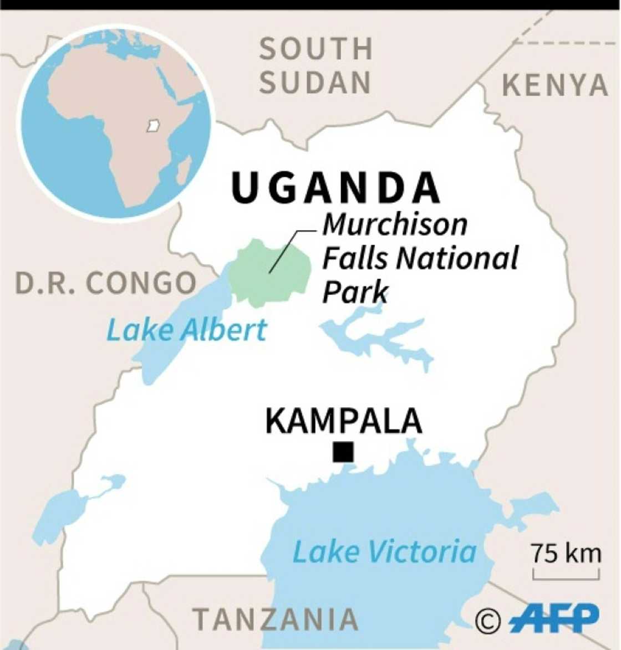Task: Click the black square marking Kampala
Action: [343, 452]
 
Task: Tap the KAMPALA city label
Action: [343, 421]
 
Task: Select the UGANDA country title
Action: [335, 189]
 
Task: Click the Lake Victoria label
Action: [384, 552]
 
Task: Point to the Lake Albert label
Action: [186, 330]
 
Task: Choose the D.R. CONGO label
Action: [105, 284]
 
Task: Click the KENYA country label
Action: [554, 86]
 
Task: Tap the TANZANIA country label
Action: [276, 619]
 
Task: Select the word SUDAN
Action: [315, 83]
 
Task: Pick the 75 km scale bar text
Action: [566, 554]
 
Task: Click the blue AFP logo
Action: [554, 618]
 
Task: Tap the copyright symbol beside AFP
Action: [488, 621]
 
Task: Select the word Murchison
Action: [395, 224]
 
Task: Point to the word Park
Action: [355, 291]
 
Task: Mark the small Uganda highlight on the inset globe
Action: [153, 126]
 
